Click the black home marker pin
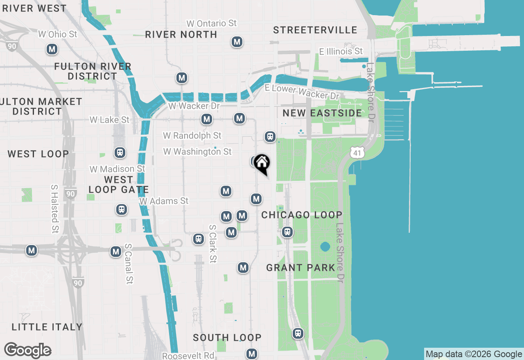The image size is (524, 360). (x=262, y=164)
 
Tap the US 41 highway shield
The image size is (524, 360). (x=357, y=153)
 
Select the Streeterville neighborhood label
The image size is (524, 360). (x=315, y=30)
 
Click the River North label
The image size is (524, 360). (x=181, y=35)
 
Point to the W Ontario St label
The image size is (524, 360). (x=211, y=23)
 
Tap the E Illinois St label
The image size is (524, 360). (x=341, y=51)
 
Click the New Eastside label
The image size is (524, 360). (x=322, y=113)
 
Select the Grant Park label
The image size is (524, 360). (x=301, y=268)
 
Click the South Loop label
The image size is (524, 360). (x=227, y=337)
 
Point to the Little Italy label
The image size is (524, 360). (x=47, y=327)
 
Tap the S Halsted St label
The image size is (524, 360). (x=54, y=209)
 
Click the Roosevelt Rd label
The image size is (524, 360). (x=188, y=355)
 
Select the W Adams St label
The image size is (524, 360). (x=164, y=201)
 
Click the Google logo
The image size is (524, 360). (x=27, y=350)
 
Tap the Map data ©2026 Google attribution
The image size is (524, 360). (x=474, y=354)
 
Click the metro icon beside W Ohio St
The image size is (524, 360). (x=52, y=49)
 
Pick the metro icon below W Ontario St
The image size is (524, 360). (x=237, y=42)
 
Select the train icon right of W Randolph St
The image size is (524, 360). (x=270, y=137)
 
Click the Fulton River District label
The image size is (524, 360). (x=93, y=71)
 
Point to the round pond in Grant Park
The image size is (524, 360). (x=325, y=247)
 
